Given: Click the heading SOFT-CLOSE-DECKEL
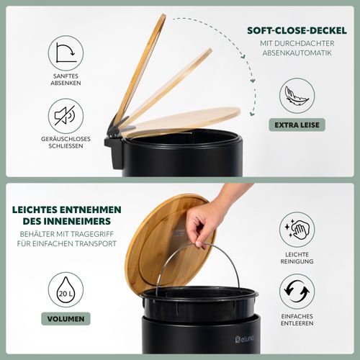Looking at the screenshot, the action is (x=297, y=31).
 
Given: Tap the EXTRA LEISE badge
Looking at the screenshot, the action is (x=297, y=125).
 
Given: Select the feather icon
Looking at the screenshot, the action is (x=297, y=96).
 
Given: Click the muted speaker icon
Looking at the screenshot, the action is (x=66, y=116).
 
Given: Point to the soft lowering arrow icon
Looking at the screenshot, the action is (x=66, y=53).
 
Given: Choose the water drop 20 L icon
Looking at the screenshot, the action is (x=66, y=289).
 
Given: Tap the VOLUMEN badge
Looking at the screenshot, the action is (x=66, y=319).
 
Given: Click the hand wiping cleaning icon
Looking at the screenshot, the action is (x=297, y=230).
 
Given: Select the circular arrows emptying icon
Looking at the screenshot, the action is (x=297, y=292).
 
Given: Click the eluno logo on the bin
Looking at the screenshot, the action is (x=244, y=339).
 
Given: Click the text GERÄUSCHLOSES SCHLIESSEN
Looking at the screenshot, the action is (x=66, y=143).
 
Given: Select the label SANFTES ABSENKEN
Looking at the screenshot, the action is (x=66, y=79).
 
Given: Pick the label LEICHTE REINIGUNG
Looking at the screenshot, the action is (x=297, y=258).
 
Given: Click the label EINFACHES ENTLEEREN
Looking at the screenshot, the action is (x=297, y=320).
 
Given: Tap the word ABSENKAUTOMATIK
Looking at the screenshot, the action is (x=297, y=53).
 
